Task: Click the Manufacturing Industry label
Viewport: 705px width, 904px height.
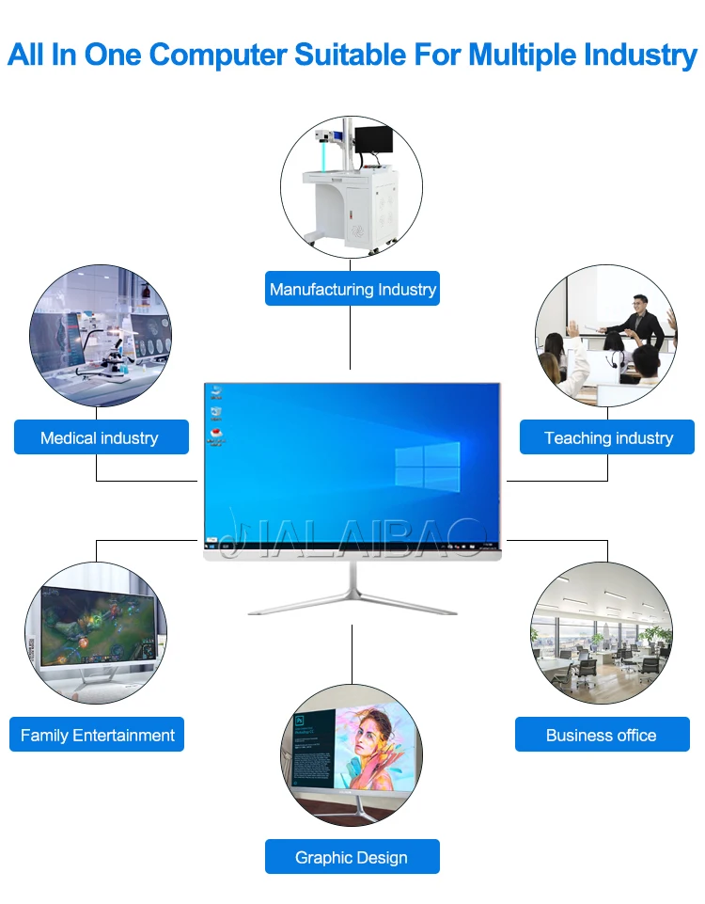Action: coord(352,290)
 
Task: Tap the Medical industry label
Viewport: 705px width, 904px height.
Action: coord(100,437)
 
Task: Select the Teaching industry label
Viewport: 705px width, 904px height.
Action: coord(608,437)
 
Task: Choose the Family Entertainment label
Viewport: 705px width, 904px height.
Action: coord(98,735)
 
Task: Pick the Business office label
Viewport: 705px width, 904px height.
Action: coord(602,735)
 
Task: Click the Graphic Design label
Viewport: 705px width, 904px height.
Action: coord(352,857)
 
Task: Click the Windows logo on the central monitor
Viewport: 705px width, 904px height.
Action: coord(427,466)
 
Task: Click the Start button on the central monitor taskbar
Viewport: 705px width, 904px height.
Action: coord(209,545)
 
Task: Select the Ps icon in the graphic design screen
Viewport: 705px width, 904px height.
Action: coord(299,720)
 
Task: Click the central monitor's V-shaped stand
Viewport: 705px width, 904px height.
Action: coord(352,594)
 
